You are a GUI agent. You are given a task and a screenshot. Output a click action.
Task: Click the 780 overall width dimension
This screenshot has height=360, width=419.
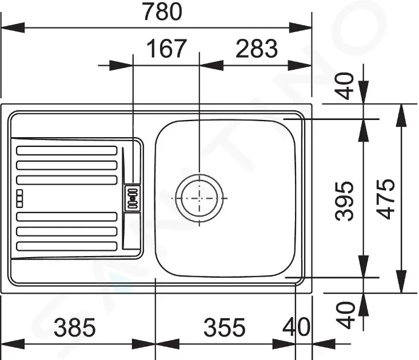coord(163,11)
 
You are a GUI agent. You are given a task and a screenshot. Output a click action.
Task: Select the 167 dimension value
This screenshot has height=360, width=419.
coord(166,49)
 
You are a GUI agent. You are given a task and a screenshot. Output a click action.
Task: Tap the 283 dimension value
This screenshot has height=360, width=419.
coord(257,49)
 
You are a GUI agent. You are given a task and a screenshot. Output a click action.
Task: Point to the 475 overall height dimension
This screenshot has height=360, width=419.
coord(385,199)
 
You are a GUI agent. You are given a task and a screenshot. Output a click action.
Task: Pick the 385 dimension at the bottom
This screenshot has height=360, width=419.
coord(74,327)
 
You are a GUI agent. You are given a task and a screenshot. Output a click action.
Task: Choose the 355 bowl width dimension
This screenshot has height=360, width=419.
coord(224,327)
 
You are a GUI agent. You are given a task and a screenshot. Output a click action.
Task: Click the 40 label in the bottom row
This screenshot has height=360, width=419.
coord(296,327)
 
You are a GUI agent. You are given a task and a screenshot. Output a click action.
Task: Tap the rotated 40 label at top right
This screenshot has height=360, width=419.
coord(345,86)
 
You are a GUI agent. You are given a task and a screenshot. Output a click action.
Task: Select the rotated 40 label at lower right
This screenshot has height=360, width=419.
coord(345,315)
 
